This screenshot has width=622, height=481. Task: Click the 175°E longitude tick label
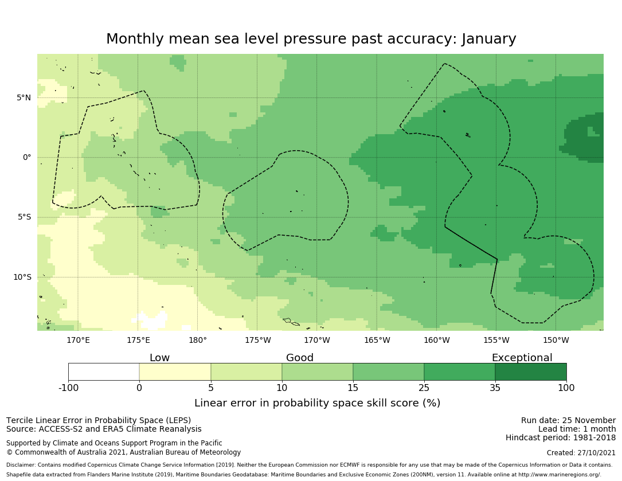pos(138,340)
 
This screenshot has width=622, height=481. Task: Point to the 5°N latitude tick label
pos(24,97)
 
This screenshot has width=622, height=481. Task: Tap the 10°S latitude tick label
pos(22,277)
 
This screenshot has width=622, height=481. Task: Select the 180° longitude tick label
pos(198,340)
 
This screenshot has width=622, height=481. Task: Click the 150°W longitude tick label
pos(556,340)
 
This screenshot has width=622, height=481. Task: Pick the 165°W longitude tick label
pos(377,340)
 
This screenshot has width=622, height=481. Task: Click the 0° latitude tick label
pos(26,157)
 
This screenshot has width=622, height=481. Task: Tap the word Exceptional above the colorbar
pos(522,358)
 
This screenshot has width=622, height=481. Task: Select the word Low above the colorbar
pos(159,358)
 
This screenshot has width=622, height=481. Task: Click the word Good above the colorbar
pos(300,358)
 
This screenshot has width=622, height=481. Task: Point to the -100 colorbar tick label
pos(68,388)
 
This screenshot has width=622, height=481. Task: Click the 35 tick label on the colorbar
pos(495,388)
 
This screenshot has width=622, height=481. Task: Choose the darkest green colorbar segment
pos(531,372)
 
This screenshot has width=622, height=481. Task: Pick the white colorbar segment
pos(104,372)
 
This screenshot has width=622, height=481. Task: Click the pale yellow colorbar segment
pos(175,372)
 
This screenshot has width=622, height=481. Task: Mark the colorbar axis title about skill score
pos(317,403)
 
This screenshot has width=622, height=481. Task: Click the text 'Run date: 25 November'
pos(568,420)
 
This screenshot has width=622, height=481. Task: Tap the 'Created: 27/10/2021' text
pos(581,452)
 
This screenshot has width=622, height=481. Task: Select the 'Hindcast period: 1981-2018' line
pos(561,437)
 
